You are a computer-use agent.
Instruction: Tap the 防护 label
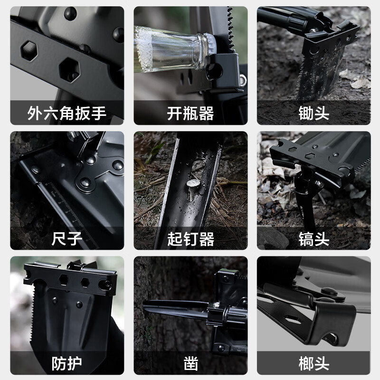[x=67, y=364]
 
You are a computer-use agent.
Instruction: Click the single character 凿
[x=190, y=364]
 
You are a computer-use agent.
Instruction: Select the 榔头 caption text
[x=314, y=364]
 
